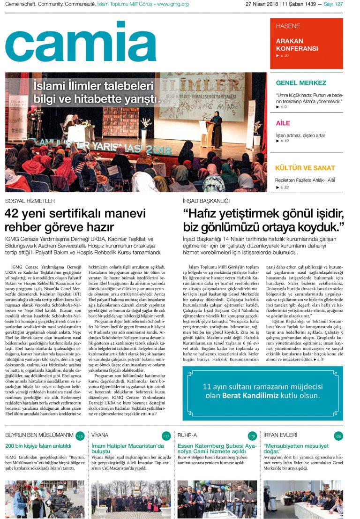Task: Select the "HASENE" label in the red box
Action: [288, 26]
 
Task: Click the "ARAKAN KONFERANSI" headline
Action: [297, 45]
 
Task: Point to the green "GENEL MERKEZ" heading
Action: [301, 83]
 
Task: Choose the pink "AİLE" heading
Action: [283, 123]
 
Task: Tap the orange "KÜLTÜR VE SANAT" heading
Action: [305, 168]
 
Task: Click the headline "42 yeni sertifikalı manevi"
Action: [75, 214]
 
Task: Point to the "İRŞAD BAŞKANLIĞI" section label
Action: [206, 201]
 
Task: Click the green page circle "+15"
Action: [80, 436]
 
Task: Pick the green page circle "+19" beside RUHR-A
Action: [252, 436]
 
